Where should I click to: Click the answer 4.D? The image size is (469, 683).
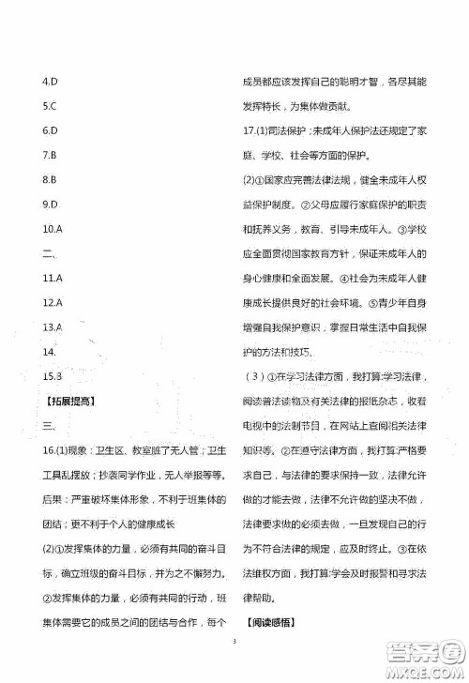point(52,81)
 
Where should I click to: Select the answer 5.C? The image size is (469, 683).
point(51,105)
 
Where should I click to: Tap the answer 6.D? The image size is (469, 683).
point(52,129)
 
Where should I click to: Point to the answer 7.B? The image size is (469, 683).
point(51,154)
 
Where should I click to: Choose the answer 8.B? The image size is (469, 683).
point(51,178)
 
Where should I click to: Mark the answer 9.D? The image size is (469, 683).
point(52,203)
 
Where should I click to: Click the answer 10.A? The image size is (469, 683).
point(53,228)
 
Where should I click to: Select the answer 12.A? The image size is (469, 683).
point(53,302)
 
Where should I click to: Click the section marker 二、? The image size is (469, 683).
point(52,252)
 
